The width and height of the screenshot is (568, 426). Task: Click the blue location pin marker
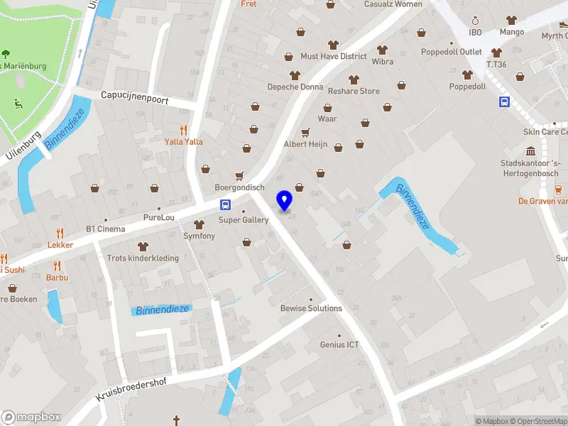(285, 200)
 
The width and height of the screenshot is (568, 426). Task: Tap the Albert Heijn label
(305, 144)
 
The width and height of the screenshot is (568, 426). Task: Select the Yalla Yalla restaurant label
(184, 141)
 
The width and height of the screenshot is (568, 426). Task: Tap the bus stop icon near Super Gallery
(225, 205)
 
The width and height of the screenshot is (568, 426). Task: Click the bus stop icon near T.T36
(504, 102)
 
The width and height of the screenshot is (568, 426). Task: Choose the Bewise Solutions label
(311, 308)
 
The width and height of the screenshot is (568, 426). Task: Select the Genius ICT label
(339, 345)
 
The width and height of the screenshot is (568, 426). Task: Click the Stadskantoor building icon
(530, 151)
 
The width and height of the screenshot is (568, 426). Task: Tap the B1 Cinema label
(105, 229)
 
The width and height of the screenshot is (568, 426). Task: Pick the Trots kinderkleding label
(143, 258)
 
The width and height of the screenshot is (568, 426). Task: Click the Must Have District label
(333, 56)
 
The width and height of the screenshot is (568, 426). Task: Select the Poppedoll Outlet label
(451, 52)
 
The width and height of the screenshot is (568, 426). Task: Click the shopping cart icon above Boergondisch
(239, 175)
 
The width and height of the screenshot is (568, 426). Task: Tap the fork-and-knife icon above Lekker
(60, 232)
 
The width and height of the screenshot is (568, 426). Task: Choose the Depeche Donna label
(295, 87)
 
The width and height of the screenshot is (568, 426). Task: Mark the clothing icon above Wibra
(383, 50)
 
